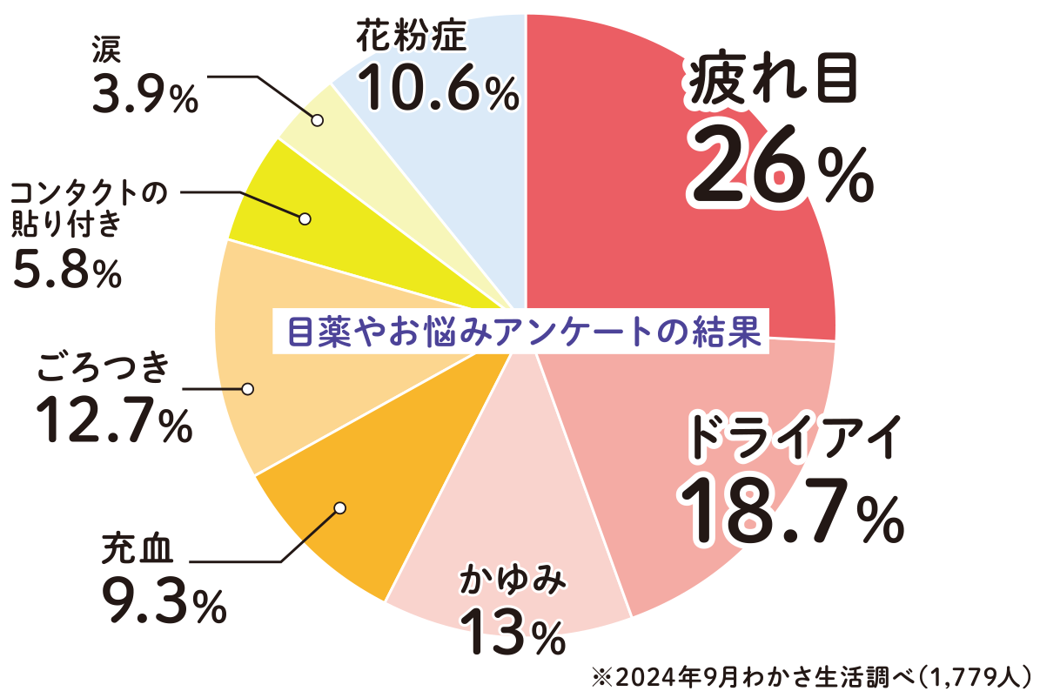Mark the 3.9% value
click(x=144, y=96)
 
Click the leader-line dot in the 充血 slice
click(x=339, y=507)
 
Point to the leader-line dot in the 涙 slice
click(x=317, y=120)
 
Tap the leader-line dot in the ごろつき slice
click(x=248, y=388)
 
